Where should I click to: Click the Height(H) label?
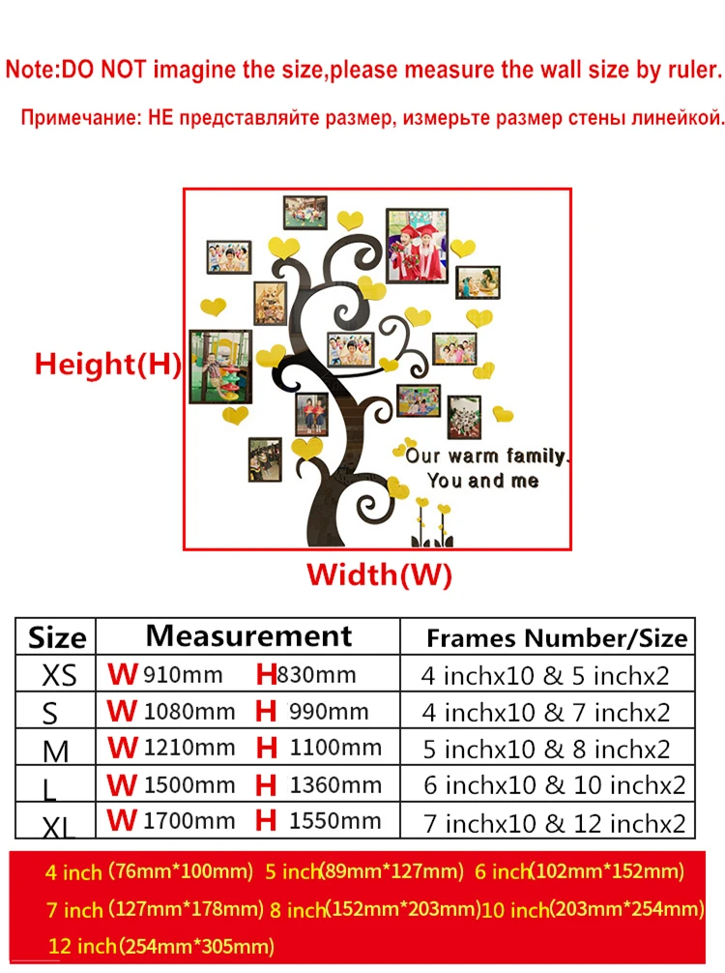(108, 365)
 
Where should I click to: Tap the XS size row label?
(59, 675)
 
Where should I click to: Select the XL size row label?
(59, 824)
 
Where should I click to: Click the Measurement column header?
(248, 636)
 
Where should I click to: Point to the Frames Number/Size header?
(557, 638)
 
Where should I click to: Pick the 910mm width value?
(183, 675)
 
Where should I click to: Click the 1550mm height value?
(335, 822)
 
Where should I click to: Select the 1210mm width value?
(189, 748)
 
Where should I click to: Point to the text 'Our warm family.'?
(488, 455)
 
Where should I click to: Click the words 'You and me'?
(482, 480)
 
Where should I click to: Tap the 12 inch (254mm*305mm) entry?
(160, 945)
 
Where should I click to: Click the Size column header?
(57, 638)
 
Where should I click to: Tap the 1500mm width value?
(189, 785)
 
